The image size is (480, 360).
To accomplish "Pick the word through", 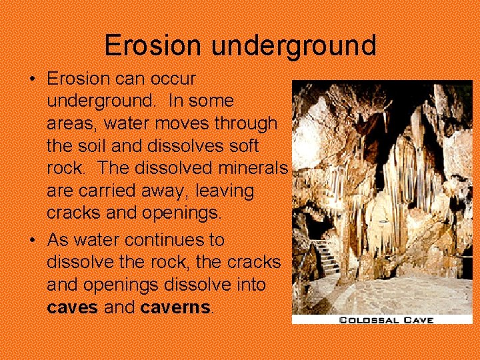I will [x=245, y=123].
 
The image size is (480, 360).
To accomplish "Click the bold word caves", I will [x=73, y=308].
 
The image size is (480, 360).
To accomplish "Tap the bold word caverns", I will [x=177, y=308].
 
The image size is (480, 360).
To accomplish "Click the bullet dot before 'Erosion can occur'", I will [x=32, y=79].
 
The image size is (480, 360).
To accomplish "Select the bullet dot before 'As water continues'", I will [x=32, y=240].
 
